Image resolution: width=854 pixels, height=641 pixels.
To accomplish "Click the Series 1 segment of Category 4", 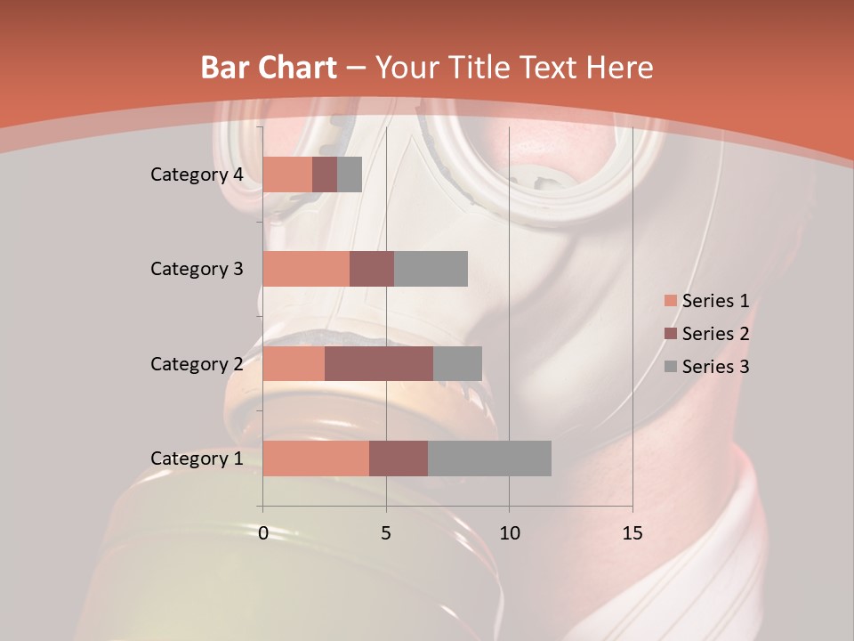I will point(287,174).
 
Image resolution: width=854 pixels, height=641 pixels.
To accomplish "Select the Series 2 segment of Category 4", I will point(325,174).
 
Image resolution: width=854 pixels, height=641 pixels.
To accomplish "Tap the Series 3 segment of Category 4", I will point(350,174).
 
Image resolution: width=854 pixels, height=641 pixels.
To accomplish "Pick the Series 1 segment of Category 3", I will point(306,269).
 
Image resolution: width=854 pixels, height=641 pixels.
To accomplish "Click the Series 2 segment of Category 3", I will point(372,269).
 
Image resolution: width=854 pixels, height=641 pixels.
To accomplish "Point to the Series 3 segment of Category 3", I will point(431,269).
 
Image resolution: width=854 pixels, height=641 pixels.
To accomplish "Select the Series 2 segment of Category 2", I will point(379,363).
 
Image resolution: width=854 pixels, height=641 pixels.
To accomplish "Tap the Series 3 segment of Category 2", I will point(457,363).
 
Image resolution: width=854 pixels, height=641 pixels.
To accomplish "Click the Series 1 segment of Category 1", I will point(316,458).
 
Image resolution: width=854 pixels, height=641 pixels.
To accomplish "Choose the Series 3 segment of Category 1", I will point(489,458).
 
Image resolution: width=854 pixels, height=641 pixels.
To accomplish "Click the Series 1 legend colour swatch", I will point(670,301).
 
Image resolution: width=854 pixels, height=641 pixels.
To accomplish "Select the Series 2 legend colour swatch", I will point(670,334).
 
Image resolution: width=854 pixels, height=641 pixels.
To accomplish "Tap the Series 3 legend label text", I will point(715,367).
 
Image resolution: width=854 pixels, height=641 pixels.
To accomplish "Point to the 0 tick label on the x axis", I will point(263,533).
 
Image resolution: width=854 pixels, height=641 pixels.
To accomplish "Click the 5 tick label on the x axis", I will point(386,533).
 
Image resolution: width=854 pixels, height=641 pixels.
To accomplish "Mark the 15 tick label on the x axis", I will point(632,533).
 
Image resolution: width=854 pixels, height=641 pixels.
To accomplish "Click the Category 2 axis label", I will point(197,363).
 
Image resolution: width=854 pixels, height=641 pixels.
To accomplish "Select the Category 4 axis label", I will point(197,174).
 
